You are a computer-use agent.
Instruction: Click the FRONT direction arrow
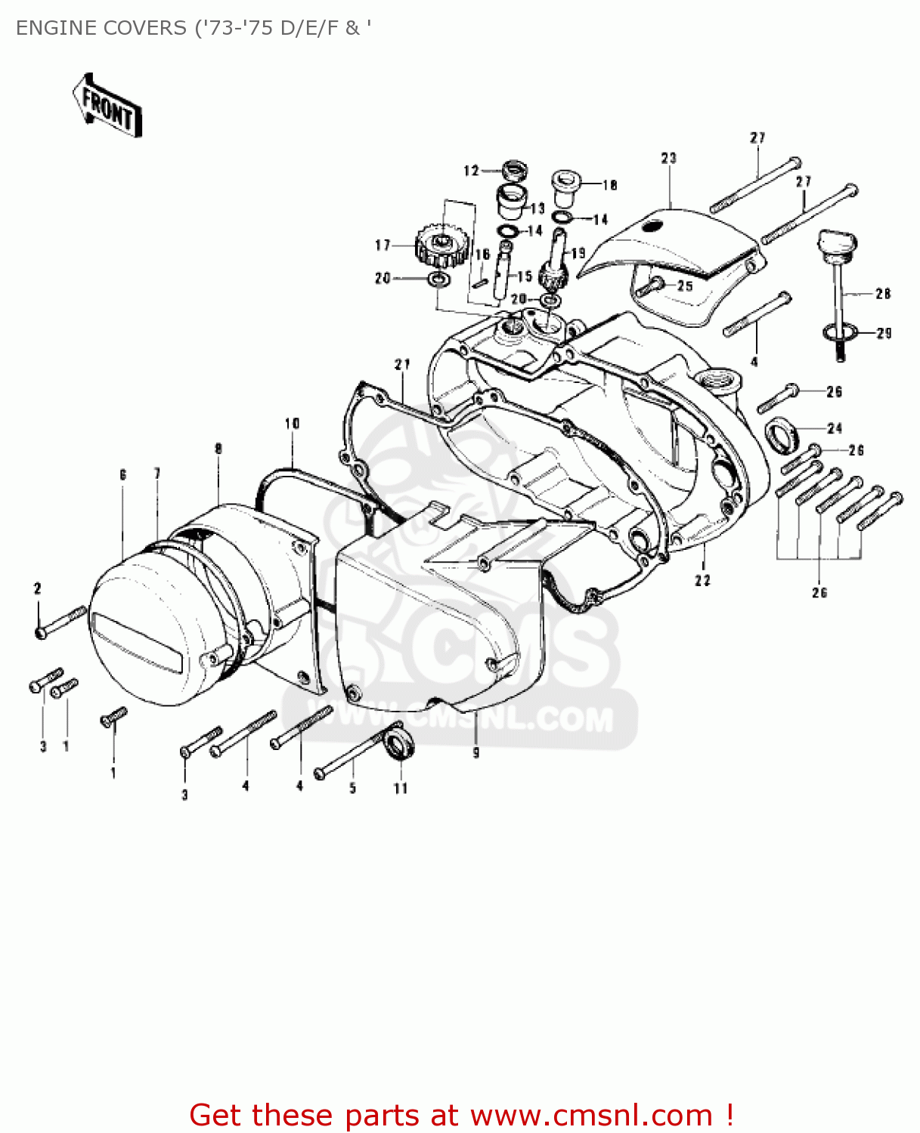107,106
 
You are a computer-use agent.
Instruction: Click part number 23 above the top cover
669,158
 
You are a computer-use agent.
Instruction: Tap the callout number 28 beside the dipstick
883,294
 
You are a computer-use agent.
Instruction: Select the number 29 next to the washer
884,333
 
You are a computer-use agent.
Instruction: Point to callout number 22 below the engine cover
703,580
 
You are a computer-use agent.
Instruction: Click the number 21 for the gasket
402,364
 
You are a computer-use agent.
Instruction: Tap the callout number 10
293,424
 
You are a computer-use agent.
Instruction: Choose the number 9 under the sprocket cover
475,752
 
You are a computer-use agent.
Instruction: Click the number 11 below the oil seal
401,789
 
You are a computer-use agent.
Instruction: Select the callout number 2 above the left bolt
37,588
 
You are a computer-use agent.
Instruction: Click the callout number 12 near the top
472,171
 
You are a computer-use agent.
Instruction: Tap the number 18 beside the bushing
609,184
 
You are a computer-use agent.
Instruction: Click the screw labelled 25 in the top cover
650,286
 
